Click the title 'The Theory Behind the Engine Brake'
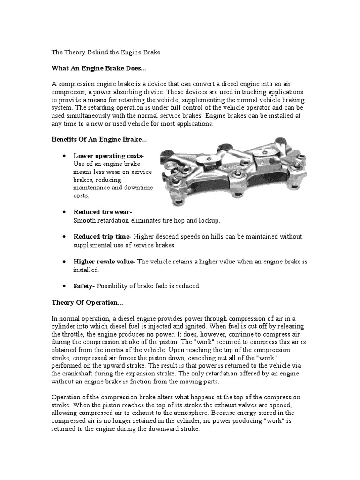(106, 52)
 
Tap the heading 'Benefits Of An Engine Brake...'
(99, 139)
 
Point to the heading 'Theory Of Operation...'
(87, 303)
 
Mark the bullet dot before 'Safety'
(64, 286)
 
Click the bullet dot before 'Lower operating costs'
(64, 156)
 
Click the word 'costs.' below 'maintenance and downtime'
(81, 195)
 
